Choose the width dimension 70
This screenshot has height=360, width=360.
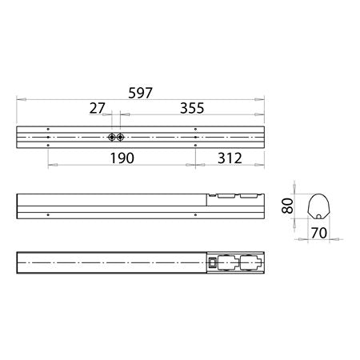coord(318,234)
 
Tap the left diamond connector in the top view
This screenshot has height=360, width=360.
coord(110,137)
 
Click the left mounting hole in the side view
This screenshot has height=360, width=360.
coord(49,215)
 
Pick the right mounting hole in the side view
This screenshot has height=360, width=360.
coord(195,215)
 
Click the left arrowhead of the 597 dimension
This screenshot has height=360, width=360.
coord(20,99)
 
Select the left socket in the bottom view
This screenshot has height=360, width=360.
coord(227,262)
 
